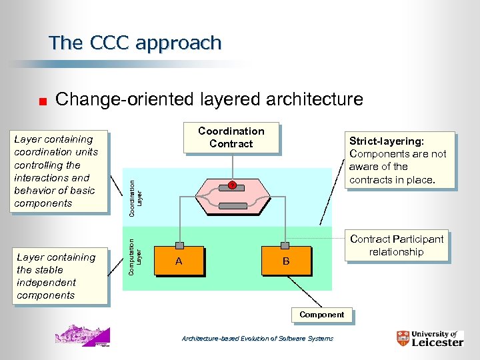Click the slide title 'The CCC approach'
135,43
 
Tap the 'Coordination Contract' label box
231,138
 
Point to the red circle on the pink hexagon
232,185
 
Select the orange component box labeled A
179,261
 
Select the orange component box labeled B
285,261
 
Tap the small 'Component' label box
321,315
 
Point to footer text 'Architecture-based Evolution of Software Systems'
257,339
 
